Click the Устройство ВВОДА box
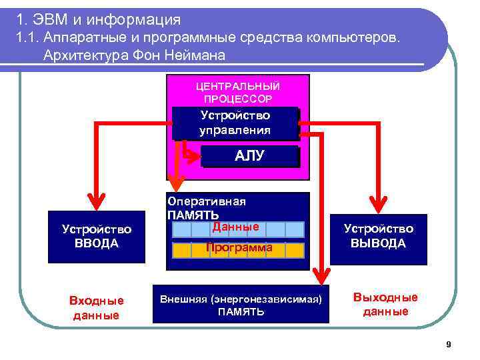coord(97,237)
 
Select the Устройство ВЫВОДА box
coord(379,236)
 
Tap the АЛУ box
coord(249,156)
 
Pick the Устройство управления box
coord(235,123)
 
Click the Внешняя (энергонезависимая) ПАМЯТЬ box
coord(241,305)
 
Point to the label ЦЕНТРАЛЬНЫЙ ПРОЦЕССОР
coord(238,93)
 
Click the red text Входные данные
coord(97,308)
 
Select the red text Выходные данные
coord(385,304)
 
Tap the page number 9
coord(449,345)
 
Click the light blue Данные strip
coord(238,229)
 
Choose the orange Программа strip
coord(238,249)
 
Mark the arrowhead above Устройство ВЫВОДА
coord(379,201)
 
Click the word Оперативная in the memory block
coord(207,201)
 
